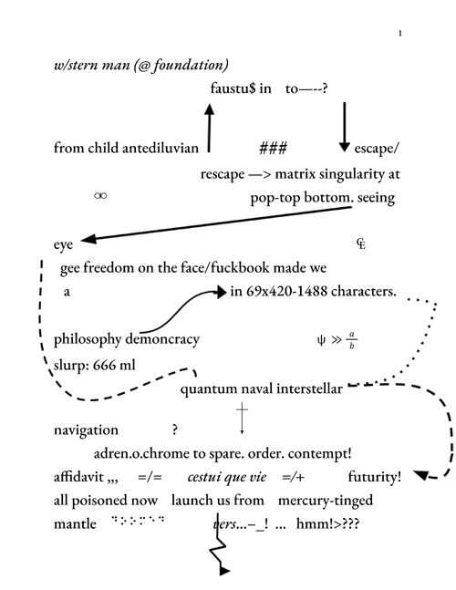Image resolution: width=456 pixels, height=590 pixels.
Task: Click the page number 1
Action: pyautogui.click(x=400, y=34)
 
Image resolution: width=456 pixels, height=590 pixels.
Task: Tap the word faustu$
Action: pyautogui.click(x=233, y=88)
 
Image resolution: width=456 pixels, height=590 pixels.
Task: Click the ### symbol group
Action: pyautogui.click(x=274, y=149)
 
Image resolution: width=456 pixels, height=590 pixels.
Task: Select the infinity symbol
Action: pyautogui.click(x=100, y=195)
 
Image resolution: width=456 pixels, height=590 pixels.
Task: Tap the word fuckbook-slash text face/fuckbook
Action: pyautogui.click(x=225, y=268)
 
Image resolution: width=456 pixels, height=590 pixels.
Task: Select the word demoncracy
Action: pyautogui.click(x=162, y=339)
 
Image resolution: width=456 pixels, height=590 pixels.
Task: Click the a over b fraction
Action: pyautogui.click(x=352, y=340)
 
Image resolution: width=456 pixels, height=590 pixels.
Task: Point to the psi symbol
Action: pyautogui.click(x=321, y=340)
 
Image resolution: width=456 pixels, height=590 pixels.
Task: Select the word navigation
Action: pyautogui.click(x=86, y=430)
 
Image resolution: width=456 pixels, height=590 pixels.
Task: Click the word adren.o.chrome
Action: pyautogui.click(x=141, y=453)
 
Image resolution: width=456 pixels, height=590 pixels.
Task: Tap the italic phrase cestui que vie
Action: pyautogui.click(x=227, y=477)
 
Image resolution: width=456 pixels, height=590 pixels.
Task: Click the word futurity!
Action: pyautogui.click(x=374, y=477)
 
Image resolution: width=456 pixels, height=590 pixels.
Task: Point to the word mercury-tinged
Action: pyautogui.click(x=326, y=501)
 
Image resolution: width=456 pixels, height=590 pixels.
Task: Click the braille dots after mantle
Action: pyautogui.click(x=139, y=521)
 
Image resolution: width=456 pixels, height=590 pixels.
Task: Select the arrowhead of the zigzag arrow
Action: pyautogui.click(x=224, y=571)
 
